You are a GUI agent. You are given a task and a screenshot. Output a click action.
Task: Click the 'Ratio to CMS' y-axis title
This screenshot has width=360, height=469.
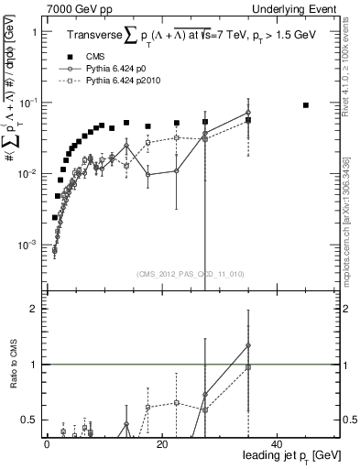(x=18, y=364)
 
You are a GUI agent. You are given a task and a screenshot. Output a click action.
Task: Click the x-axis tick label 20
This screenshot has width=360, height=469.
(x=162, y=442)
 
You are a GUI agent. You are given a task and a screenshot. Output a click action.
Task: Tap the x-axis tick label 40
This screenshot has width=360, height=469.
(x=278, y=442)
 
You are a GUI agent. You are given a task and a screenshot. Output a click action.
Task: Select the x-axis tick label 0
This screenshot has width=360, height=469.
(x=47, y=442)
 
